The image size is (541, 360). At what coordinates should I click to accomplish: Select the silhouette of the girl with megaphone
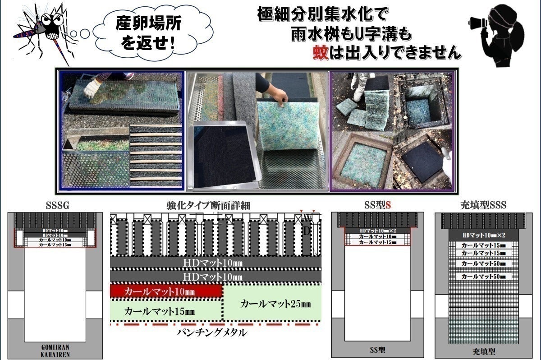(x=503, y=36)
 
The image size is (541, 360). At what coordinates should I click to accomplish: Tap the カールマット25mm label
(x=275, y=304)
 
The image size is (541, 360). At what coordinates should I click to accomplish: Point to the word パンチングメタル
(x=211, y=333)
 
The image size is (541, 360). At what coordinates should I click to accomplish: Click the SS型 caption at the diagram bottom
(x=377, y=350)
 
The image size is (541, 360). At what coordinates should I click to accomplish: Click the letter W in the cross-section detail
(x=308, y=218)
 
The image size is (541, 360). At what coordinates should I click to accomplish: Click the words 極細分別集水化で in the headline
(x=322, y=15)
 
